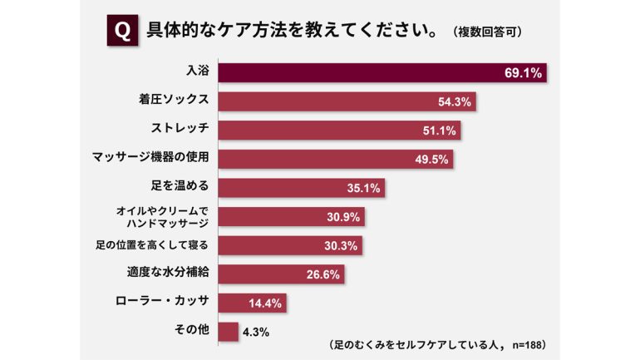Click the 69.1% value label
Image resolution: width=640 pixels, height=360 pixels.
(523, 73)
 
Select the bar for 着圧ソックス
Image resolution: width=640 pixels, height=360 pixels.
(349, 101)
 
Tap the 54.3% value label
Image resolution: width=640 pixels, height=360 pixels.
(455, 102)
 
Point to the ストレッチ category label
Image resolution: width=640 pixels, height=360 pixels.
(179, 130)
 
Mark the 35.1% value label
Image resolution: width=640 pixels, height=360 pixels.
(362, 189)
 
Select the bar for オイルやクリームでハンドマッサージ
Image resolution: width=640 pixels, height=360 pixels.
(291, 217)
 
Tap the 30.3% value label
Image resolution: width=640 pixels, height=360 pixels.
(342, 246)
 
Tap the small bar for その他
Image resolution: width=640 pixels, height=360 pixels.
(228, 332)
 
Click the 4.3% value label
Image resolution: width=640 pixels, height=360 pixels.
(256, 333)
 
